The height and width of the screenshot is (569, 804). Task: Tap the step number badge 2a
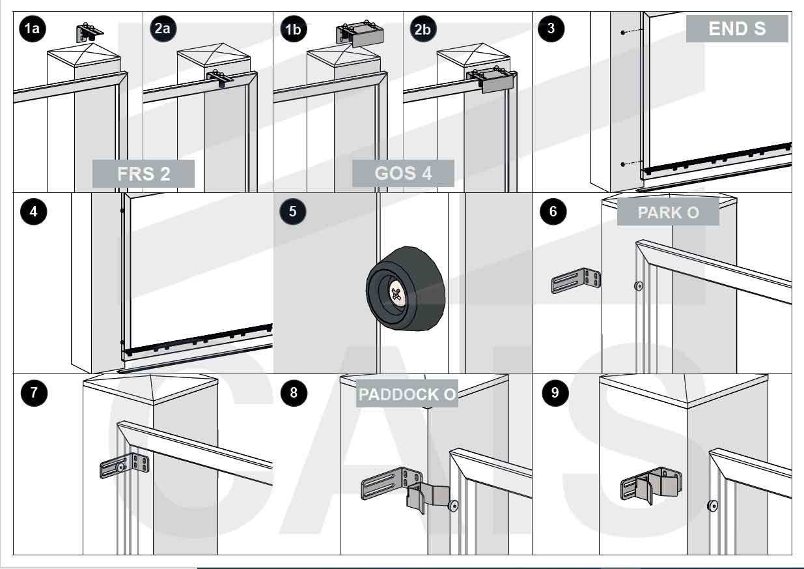[x=162, y=29]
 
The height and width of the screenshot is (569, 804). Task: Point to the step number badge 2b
[x=421, y=29]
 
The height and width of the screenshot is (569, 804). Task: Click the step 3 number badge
[x=551, y=28]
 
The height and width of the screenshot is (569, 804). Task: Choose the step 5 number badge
[x=292, y=211]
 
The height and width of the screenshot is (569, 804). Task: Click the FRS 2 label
[x=143, y=174]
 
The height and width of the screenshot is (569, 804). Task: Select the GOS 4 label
[x=403, y=173]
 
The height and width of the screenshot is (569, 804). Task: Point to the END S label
[x=736, y=29]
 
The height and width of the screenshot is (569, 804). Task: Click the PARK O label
[x=668, y=212]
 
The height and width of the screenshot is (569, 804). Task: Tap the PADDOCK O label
[x=407, y=394]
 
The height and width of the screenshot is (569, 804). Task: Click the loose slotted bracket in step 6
[x=576, y=281]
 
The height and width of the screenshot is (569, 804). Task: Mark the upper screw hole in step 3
[x=622, y=32]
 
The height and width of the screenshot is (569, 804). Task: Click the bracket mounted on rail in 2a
[x=221, y=79]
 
